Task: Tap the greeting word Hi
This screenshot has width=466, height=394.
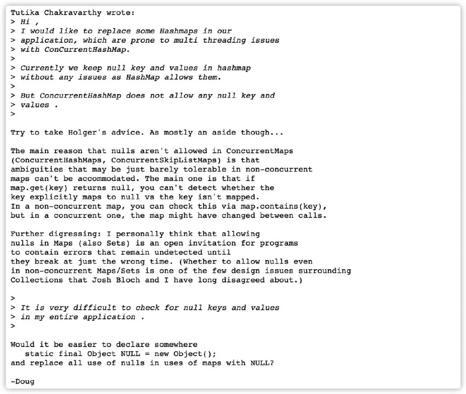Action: tap(25, 22)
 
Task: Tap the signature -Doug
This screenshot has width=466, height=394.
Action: tap(22, 381)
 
